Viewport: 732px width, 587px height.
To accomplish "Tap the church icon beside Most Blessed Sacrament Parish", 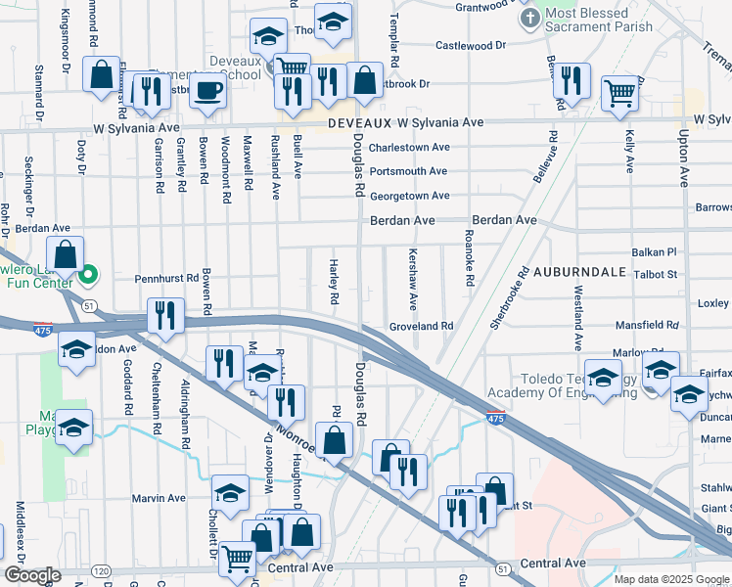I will [x=529, y=19].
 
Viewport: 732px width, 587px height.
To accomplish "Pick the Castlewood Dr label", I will [x=470, y=45].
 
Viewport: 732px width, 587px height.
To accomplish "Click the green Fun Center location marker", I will [x=88, y=275].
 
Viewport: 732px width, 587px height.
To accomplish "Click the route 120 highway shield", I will [x=100, y=569].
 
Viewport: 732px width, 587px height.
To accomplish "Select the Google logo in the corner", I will [x=32, y=575].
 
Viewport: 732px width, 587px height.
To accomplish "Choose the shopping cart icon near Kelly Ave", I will [x=620, y=93].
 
